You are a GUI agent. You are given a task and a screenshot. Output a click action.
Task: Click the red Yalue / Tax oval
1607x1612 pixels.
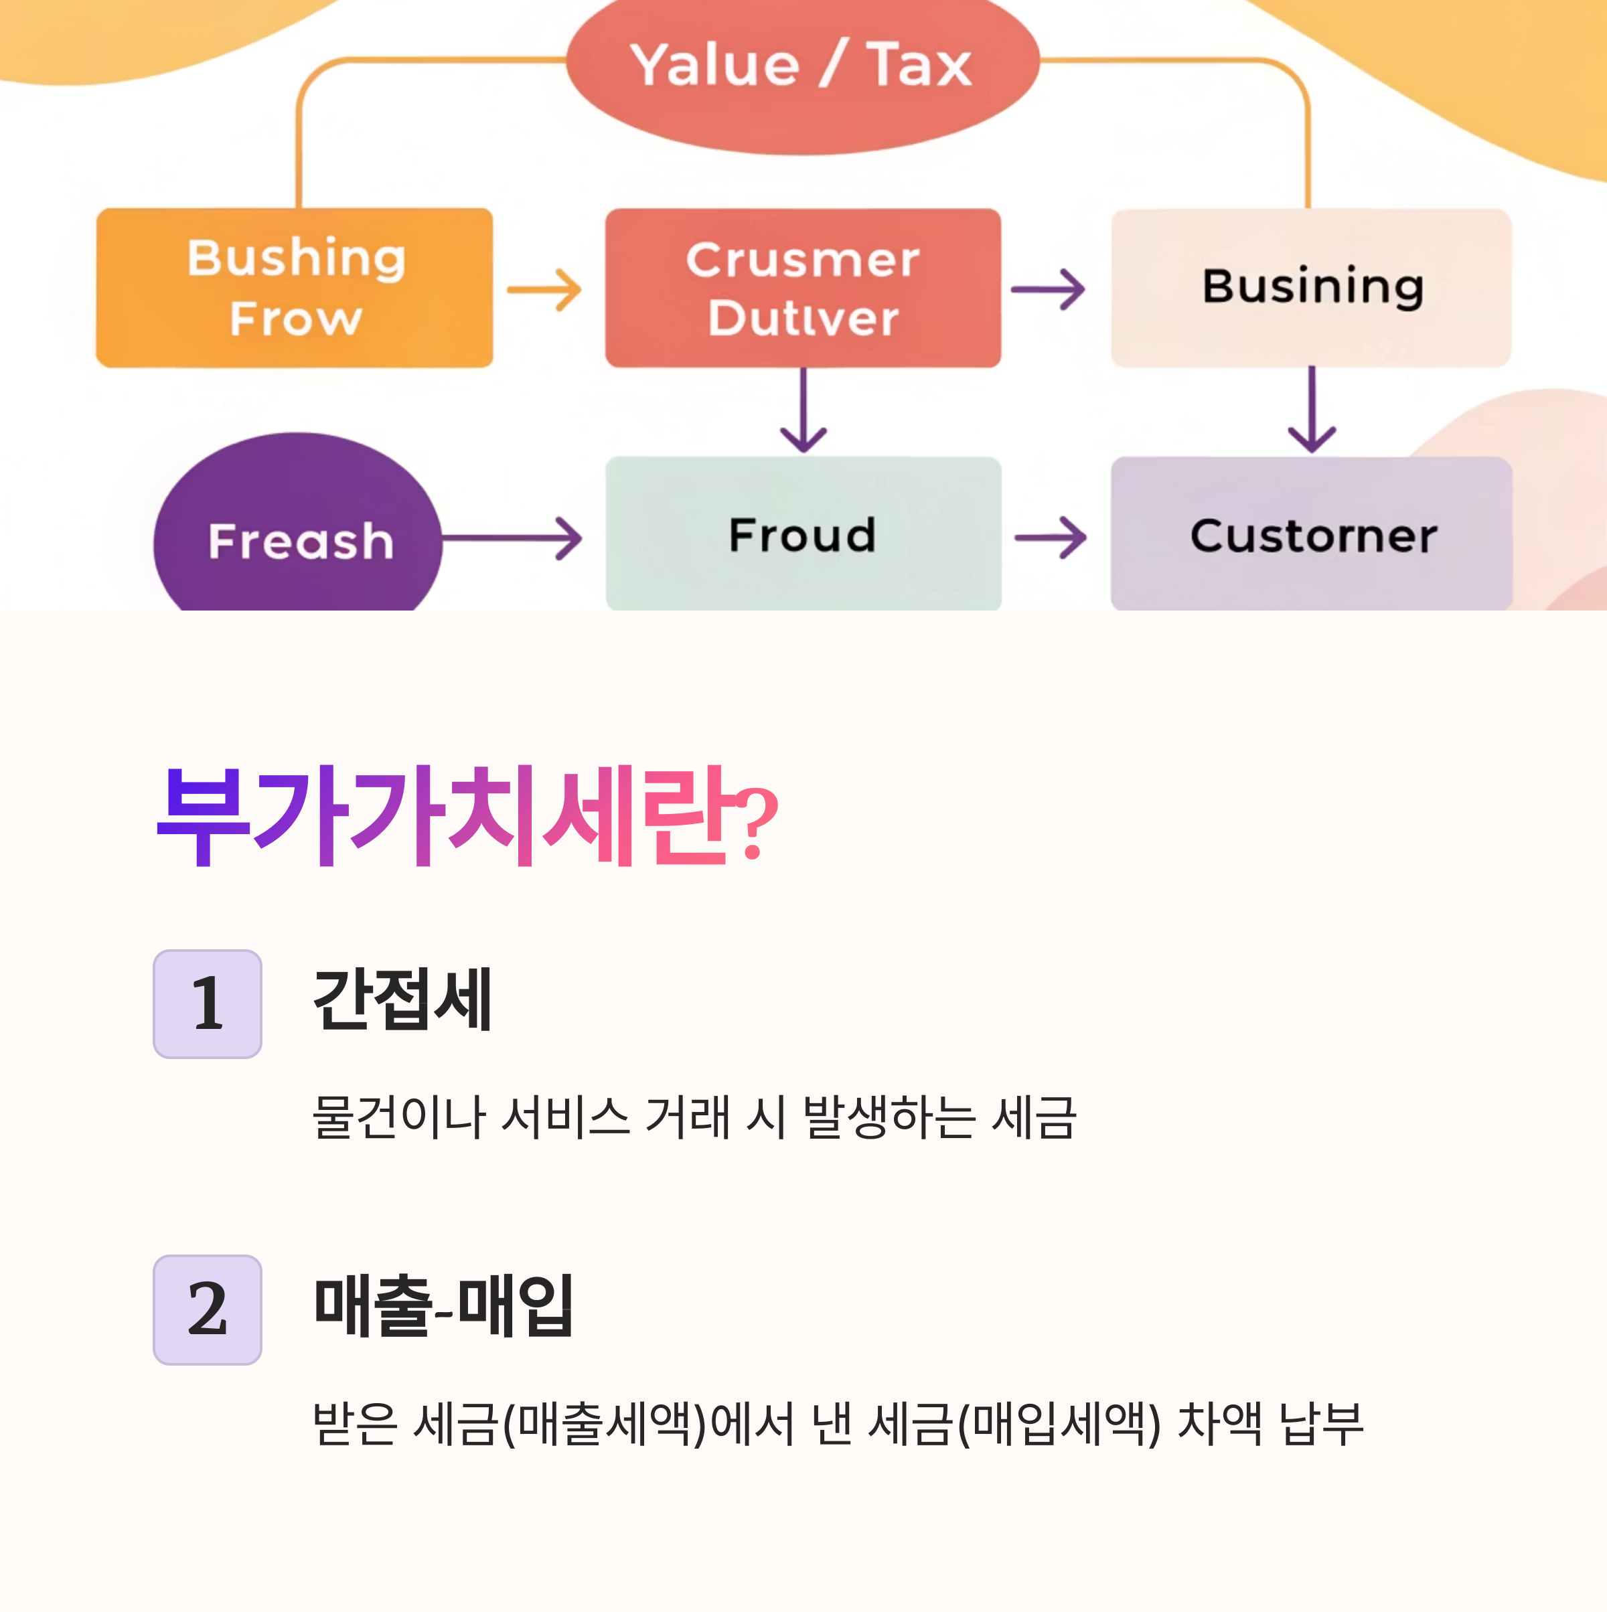coord(803,71)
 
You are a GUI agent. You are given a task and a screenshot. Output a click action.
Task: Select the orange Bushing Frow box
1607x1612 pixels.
coord(295,288)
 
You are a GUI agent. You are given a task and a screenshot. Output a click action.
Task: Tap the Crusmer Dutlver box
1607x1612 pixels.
coord(803,288)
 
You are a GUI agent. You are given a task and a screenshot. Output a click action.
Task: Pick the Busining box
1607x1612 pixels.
coord(1311,288)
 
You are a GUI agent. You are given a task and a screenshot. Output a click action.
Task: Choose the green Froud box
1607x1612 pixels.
coord(803,534)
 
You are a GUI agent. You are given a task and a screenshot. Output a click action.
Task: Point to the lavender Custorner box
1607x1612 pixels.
coord(1312,534)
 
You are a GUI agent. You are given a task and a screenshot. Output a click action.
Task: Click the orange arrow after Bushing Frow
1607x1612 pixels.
coord(544,289)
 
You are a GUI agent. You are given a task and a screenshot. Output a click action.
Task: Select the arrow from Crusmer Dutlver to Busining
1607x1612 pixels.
coord(1048,289)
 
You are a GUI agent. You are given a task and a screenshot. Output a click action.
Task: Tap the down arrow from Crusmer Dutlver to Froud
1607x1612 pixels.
coord(803,410)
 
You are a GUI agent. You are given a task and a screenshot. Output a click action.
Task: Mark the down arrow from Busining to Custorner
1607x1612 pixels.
coord(1312,410)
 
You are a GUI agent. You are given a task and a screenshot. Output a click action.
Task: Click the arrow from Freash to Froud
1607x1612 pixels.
coord(512,538)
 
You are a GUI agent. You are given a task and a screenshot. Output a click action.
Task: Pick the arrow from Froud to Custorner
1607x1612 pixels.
coord(1051,538)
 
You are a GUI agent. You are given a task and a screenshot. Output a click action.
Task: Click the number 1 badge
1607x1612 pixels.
coord(208,1003)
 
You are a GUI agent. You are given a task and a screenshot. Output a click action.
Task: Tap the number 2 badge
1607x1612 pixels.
coord(208,1310)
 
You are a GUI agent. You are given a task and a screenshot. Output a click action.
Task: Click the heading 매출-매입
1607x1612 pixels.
coord(443,1306)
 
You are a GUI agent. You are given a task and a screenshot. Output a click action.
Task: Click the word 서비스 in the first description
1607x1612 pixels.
coord(565,1117)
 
